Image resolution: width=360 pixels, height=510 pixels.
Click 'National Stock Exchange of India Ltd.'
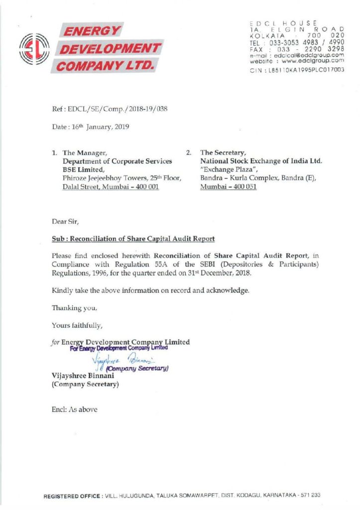coord(261,161)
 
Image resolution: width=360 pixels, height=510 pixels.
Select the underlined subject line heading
coord(133,239)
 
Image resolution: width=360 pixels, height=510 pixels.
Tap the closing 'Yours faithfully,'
coord(77,326)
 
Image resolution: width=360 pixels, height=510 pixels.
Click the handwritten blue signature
coord(117,361)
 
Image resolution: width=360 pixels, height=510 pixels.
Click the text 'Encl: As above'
coord(75,409)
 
